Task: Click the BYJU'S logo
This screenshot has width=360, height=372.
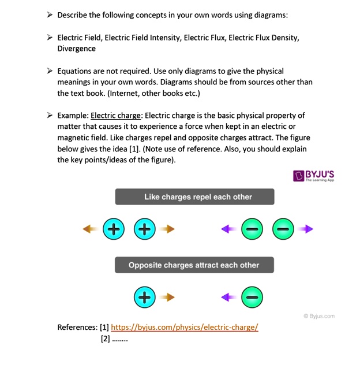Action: (314, 176)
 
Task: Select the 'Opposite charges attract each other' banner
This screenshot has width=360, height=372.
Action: (194, 265)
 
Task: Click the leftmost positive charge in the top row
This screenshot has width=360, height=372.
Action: (114, 229)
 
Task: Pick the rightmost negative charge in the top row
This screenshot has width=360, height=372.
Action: (283, 229)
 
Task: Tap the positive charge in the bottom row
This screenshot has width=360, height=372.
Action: (145, 297)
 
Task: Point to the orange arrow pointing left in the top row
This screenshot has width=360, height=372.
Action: (89, 229)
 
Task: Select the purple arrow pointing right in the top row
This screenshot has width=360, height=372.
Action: (306, 229)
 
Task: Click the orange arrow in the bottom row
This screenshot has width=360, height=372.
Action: (167, 297)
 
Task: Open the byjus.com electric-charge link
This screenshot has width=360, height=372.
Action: (185, 327)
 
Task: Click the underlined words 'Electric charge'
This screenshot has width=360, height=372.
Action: (116, 116)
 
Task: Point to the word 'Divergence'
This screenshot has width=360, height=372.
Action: (77, 48)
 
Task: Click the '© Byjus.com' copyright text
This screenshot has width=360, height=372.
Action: (318, 316)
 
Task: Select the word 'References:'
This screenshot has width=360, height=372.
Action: (77, 327)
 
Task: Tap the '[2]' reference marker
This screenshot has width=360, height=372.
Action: (105, 338)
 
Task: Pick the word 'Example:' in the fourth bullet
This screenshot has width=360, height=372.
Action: (73, 116)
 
